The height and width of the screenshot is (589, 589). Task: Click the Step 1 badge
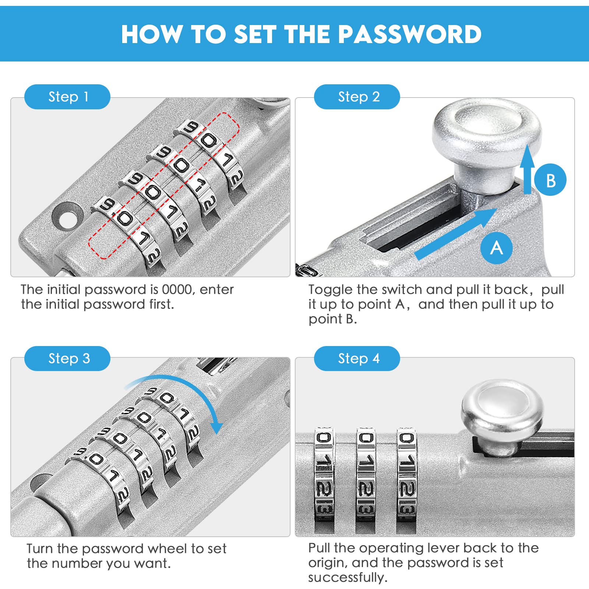click(x=67, y=97)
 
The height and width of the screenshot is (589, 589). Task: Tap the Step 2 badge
click(x=357, y=97)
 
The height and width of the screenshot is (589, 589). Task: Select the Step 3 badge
click(x=67, y=359)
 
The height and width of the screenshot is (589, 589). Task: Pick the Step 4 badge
click(x=357, y=359)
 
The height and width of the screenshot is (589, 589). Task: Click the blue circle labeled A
click(x=497, y=248)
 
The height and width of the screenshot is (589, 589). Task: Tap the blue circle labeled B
click(x=550, y=180)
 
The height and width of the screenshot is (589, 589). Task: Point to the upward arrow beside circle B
click(x=527, y=169)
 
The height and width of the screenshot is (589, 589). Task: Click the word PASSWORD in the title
click(x=410, y=34)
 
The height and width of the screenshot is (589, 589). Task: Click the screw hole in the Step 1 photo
click(x=67, y=215)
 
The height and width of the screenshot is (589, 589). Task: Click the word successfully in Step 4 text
click(x=348, y=578)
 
